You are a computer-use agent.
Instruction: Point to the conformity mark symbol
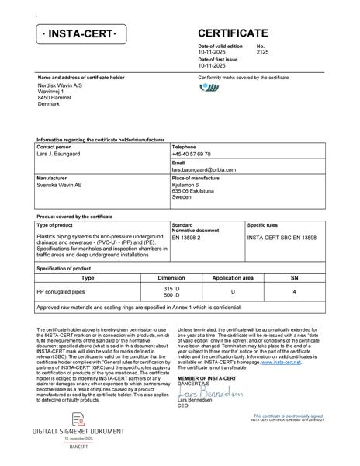coord(209,87)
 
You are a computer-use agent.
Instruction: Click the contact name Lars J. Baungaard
coord(58,155)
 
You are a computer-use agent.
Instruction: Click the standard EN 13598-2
coord(186,237)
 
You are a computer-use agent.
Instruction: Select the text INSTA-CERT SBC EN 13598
coord(282,237)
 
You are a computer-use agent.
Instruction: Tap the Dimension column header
coord(171,277)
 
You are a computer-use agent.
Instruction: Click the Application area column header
coord(233,277)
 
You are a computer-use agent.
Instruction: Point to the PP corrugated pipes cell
coord(63,291)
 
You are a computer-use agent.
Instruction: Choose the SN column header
coord(294,277)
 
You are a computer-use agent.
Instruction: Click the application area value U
coord(233,291)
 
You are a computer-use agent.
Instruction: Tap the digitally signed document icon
coord(78,419)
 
